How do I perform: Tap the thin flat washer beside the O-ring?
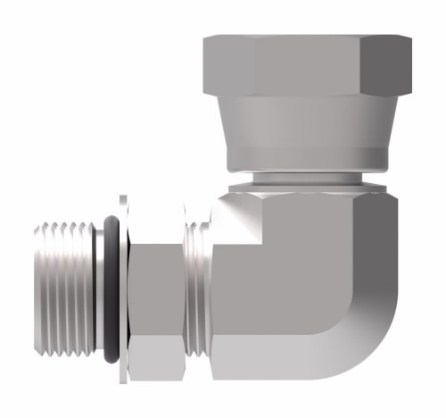pyautogui.click(x=122, y=290)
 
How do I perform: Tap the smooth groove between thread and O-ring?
pyautogui.click(x=99, y=290)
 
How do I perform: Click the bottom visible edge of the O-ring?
pyautogui.click(x=112, y=360)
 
